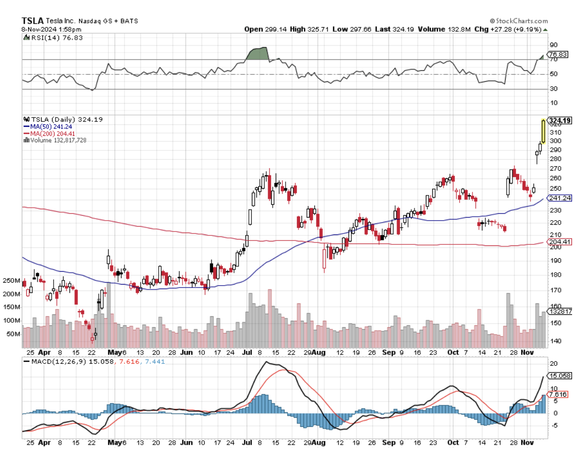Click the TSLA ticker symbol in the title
point(32,21)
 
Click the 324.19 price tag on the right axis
point(560,120)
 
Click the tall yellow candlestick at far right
point(543,132)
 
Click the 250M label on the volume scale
point(11,281)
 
